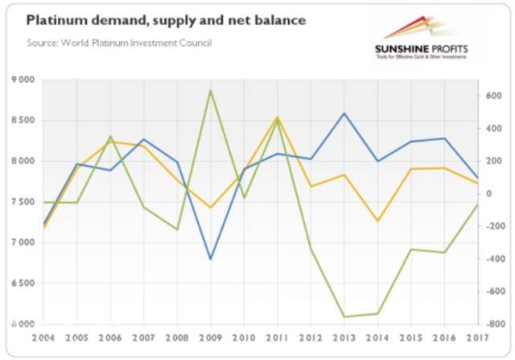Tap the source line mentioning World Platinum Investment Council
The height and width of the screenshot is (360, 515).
pos(119,42)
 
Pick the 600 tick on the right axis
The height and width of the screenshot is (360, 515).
pos(494,96)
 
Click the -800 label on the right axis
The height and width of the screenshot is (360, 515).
pos(493,324)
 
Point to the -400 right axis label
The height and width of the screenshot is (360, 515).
pos(493,259)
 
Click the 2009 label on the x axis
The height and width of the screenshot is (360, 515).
pos(210,339)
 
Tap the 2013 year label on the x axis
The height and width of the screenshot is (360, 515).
pos(344,339)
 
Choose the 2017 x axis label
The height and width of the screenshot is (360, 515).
pos(478,339)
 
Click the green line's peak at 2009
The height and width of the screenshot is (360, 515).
pos(210,90)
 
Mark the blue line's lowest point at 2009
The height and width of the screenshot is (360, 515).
pos(210,259)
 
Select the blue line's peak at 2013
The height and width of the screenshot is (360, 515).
pos(344,114)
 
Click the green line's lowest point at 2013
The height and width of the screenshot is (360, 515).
pos(344,317)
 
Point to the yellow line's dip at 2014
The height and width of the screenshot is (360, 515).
pos(377,221)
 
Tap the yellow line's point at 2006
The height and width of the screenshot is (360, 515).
pos(110,142)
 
